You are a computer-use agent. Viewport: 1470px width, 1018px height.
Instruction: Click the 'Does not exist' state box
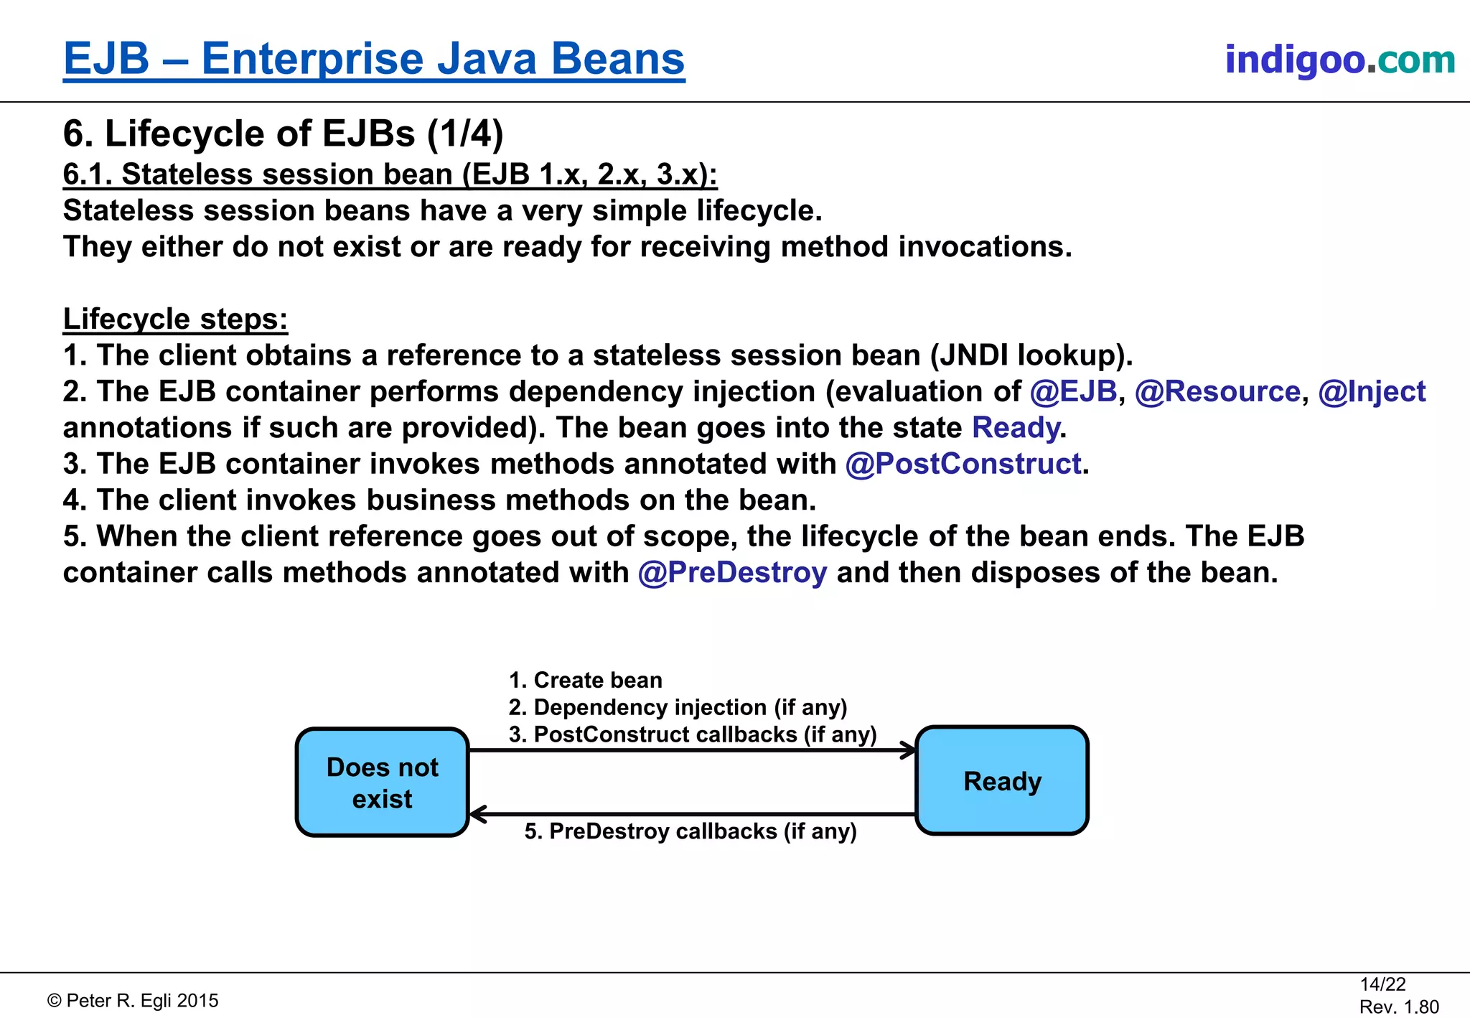pyautogui.click(x=382, y=783)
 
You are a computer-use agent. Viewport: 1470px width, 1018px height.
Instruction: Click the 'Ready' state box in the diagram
pyautogui.click(x=1002, y=781)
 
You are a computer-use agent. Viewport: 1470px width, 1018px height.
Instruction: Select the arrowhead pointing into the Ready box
pyautogui.click(x=909, y=751)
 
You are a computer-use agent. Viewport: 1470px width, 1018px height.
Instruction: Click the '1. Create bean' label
pyautogui.click(x=585, y=680)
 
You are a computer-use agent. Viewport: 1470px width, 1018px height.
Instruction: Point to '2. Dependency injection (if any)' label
pyautogui.click(x=678, y=707)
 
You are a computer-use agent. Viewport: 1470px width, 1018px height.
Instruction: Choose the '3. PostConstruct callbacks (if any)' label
pyautogui.click(x=693, y=734)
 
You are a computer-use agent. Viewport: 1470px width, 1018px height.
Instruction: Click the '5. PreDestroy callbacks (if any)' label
pyautogui.click(x=690, y=831)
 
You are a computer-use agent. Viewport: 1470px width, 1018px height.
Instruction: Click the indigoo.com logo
pyautogui.click(x=1339, y=59)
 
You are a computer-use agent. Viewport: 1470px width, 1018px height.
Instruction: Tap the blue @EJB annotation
pyautogui.click(x=1073, y=392)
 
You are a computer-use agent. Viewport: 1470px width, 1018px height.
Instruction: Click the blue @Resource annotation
pyautogui.click(x=1217, y=392)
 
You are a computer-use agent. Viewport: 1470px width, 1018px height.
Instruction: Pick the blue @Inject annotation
pyautogui.click(x=1372, y=392)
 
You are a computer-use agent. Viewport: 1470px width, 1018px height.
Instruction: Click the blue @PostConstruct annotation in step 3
pyautogui.click(x=963, y=464)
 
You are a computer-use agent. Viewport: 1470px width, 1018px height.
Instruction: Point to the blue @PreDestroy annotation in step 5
pyautogui.click(x=732, y=573)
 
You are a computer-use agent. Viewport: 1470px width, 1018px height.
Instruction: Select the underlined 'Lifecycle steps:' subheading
pyautogui.click(x=175, y=319)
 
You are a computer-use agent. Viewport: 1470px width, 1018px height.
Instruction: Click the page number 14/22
pyautogui.click(x=1382, y=984)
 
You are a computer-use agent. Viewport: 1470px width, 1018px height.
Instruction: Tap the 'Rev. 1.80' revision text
pyautogui.click(x=1399, y=1007)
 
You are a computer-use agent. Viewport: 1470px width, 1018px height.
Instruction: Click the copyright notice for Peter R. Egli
pyautogui.click(x=133, y=1001)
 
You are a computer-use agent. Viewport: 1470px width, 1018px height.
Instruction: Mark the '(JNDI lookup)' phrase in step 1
pyautogui.click(x=1031, y=355)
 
